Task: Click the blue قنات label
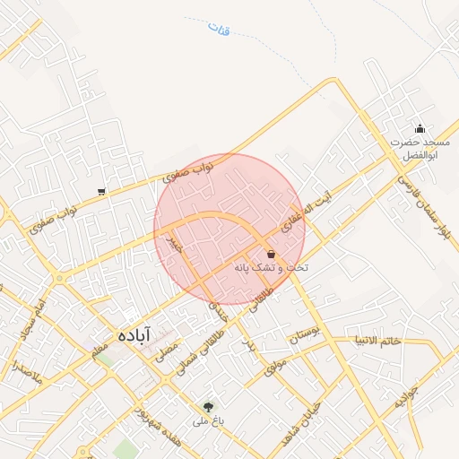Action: pos(218,29)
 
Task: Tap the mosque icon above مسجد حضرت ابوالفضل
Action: pos(420,128)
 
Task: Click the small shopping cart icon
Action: pos(101,191)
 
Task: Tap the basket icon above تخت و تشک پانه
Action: pos(271,255)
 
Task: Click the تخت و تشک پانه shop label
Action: pos(271,268)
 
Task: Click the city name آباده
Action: pos(135,335)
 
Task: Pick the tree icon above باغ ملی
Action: pos(210,407)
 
